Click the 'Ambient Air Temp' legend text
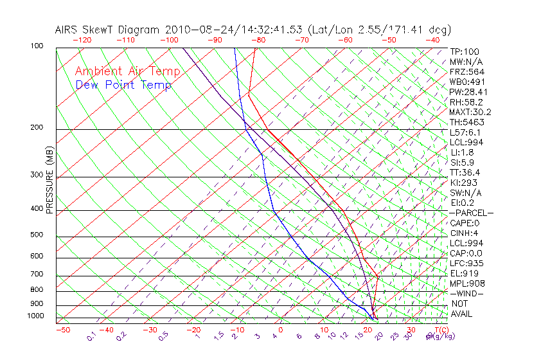click(x=128, y=71)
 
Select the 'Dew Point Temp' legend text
click(x=123, y=85)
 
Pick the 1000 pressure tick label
click(x=36, y=316)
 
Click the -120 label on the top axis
click(x=82, y=40)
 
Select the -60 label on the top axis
click(x=345, y=40)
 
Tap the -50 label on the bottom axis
click(x=62, y=330)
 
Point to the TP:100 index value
click(x=464, y=52)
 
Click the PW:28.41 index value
click(x=468, y=92)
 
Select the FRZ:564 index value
click(x=466, y=72)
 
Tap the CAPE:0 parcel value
click(x=465, y=223)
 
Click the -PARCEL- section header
click(x=471, y=213)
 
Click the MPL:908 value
click(x=466, y=283)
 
